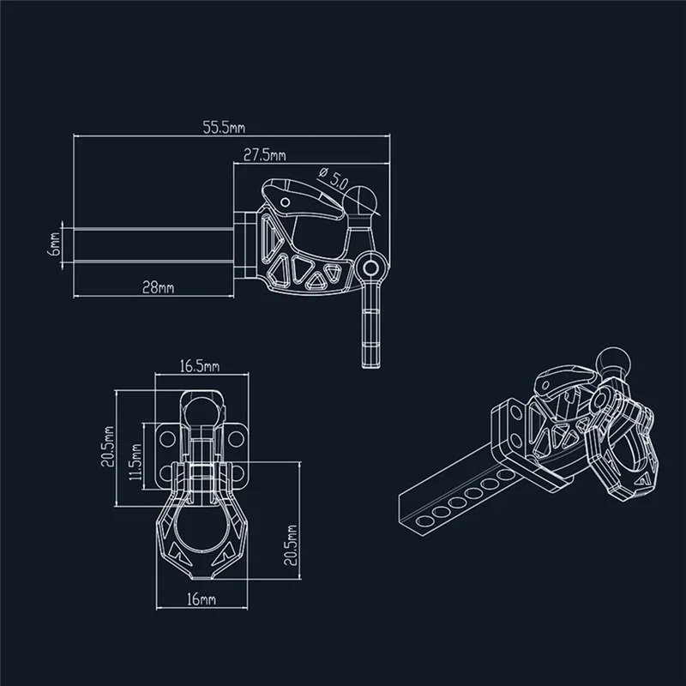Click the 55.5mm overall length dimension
tap(223, 129)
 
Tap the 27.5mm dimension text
tap(264, 154)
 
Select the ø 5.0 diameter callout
tap(333, 178)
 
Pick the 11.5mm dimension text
tap(135, 465)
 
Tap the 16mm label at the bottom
tap(200, 599)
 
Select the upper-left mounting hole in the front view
tap(165, 439)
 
